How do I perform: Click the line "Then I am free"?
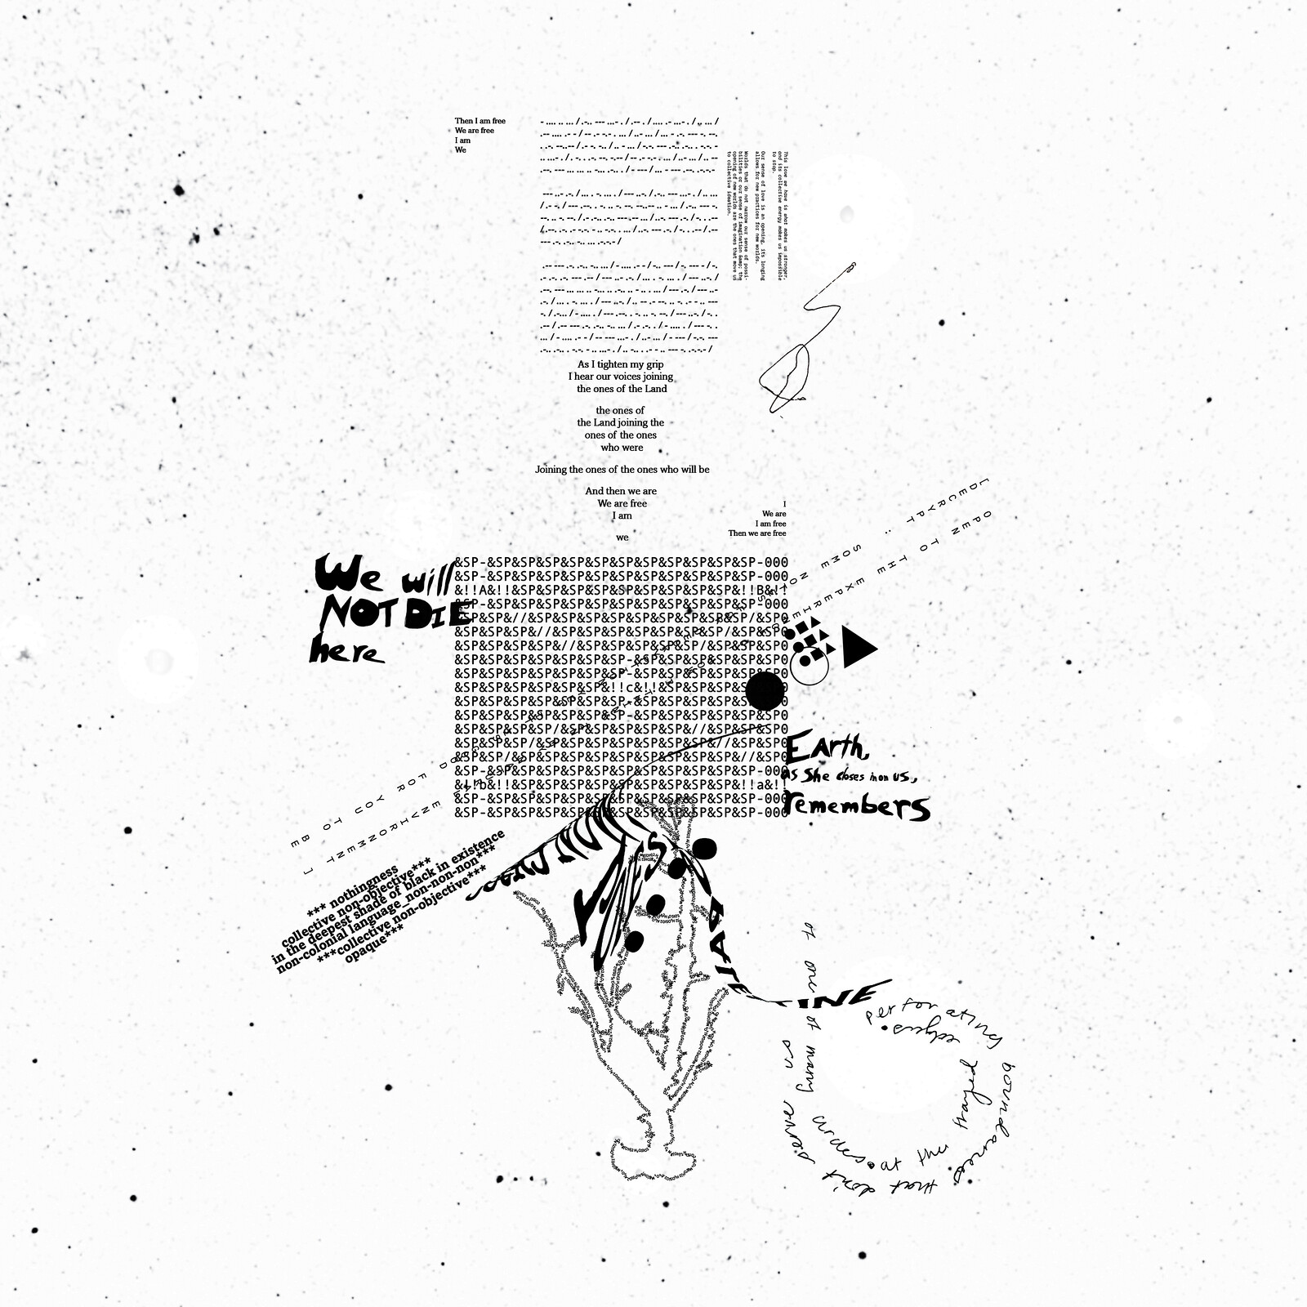click(480, 121)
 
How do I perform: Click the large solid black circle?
click(765, 691)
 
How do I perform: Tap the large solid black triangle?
click(858, 647)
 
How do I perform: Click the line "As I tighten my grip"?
click(620, 364)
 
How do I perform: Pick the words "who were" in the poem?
click(622, 448)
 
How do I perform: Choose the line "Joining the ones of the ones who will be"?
click(622, 470)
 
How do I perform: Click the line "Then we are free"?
click(756, 533)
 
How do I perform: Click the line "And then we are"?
click(620, 491)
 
